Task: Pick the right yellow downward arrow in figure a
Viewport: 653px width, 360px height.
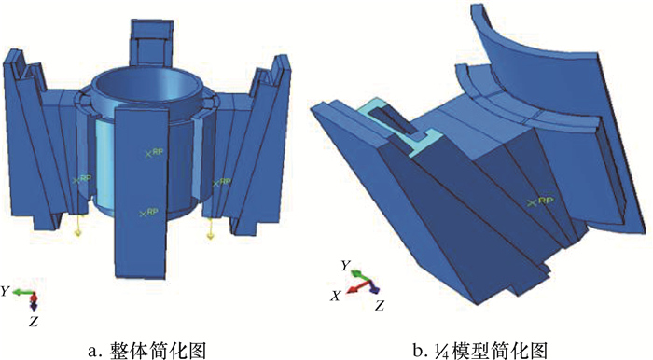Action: tap(210, 228)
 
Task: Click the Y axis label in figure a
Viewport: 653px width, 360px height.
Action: tap(5, 292)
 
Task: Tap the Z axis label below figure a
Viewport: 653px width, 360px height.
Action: tap(34, 322)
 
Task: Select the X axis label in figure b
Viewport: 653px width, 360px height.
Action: tap(336, 296)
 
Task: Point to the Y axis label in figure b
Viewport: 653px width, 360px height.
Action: tap(345, 266)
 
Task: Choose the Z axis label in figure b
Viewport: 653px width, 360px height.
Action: tap(379, 306)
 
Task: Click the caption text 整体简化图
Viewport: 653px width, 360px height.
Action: tap(159, 351)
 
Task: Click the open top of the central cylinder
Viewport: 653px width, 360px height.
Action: tap(147, 90)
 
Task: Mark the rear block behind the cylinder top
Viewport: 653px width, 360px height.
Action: tap(151, 42)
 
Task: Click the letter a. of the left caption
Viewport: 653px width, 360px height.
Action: tap(94, 351)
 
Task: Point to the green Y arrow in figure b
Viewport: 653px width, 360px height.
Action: tap(359, 275)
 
